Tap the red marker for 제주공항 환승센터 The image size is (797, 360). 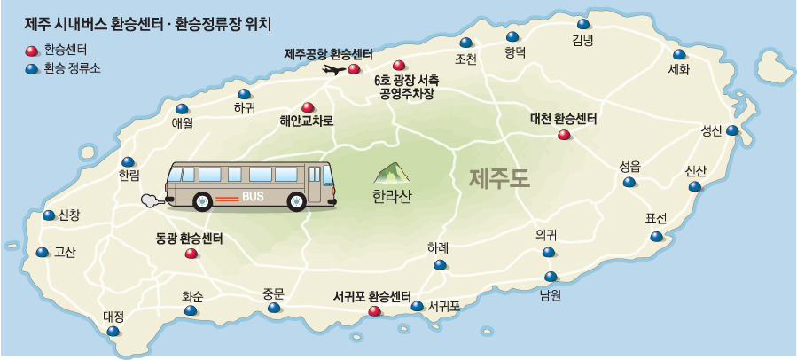[x=354, y=68]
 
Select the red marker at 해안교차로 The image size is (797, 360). [x=307, y=106]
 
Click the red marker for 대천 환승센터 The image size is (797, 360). [x=563, y=135]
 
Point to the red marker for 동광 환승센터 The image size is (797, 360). [x=191, y=254]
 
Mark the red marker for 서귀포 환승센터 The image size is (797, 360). [x=373, y=311]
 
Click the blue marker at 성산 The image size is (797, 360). [x=732, y=130]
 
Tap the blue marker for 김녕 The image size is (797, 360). [x=582, y=25]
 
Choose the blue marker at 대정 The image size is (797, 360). [x=113, y=331]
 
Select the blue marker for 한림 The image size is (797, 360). [x=129, y=161]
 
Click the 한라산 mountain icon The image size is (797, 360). [x=387, y=173]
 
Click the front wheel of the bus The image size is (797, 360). [x=202, y=200]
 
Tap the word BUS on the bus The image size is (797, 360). [x=254, y=196]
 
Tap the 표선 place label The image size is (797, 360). [x=656, y=218]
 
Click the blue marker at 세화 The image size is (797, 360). [x=679, y=54]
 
